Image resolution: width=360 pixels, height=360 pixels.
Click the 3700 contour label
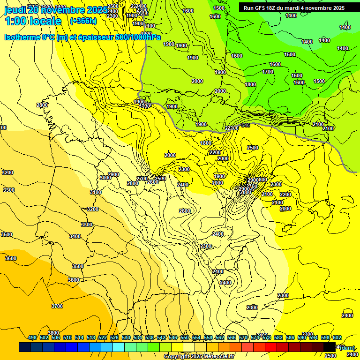57,306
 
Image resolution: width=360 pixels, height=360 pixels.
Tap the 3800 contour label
53,333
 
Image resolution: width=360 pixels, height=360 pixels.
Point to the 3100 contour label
96,192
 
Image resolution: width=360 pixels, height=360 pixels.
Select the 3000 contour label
105,178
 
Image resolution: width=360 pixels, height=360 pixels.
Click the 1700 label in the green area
268,72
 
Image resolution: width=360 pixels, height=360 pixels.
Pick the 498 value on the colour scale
32,337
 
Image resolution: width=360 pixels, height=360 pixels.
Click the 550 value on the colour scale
185,337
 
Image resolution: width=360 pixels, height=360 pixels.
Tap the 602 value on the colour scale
337,337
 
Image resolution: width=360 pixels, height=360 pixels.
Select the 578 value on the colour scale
267,337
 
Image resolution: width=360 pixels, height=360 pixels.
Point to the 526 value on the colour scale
114,337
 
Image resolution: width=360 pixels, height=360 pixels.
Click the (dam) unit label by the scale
347,347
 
